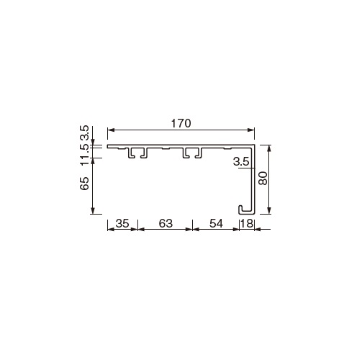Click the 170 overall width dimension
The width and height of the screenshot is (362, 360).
pyautogui.click(x=181, y=123)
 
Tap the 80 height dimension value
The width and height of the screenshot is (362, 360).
pyautogui.click(x=263, y=178)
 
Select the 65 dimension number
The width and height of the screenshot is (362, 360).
pyautogui.click(x=84, y=184)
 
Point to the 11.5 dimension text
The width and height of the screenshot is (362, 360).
pyautogui.click(x=84, y=156)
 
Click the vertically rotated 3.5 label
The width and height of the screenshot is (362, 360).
pyautogui.click(x=84, y=132)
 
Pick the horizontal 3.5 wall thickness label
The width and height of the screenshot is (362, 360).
pyautogui.click(x=241, y=162)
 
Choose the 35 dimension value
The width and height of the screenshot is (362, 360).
pyautogui.click(x=122, y=224)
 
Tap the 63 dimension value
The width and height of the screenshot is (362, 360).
pyautogui.click(x=166, y=224)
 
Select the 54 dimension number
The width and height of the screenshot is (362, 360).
pyautogui.click(x=216, y=224)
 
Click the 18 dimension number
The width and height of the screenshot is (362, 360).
pyautogui.click(x=247, y=224)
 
